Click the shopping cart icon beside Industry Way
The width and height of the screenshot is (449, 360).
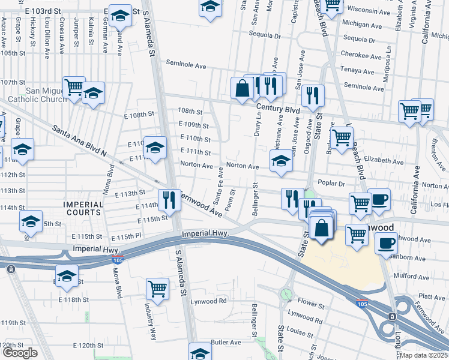(x=157, y=289)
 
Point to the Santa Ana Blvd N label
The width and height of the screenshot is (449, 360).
(x=79, y=141)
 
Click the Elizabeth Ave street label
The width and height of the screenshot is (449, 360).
(x=384, y=161)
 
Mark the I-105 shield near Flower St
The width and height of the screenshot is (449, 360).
(x=361, y=303)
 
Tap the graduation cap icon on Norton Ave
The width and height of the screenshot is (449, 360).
(x=281, y=160)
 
